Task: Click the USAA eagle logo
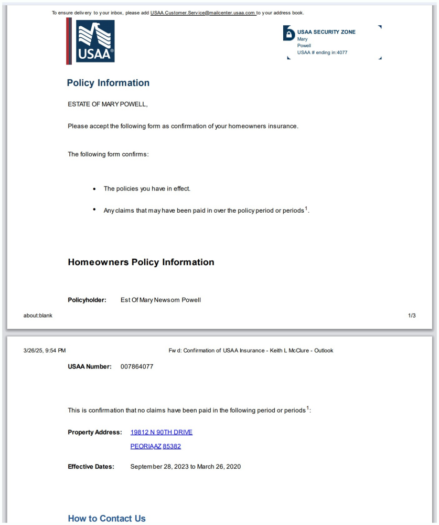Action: click(95, 41)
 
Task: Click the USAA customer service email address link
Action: click(203, 13)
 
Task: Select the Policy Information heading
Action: click(108, 83)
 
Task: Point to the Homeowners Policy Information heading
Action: click(141, 262)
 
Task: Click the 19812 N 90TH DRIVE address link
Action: click(161, 432)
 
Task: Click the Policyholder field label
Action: click(87, 300)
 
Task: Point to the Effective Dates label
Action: click(91, 466)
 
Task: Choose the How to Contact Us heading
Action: click(106, 519)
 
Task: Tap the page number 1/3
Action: click(412, 316)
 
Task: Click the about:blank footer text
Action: click(38, 316)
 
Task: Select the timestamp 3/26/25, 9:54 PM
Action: click(45, 350)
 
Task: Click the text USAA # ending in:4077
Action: click(322, 52)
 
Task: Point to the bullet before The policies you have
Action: click(94, 188)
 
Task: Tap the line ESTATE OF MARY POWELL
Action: click(108, 104)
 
